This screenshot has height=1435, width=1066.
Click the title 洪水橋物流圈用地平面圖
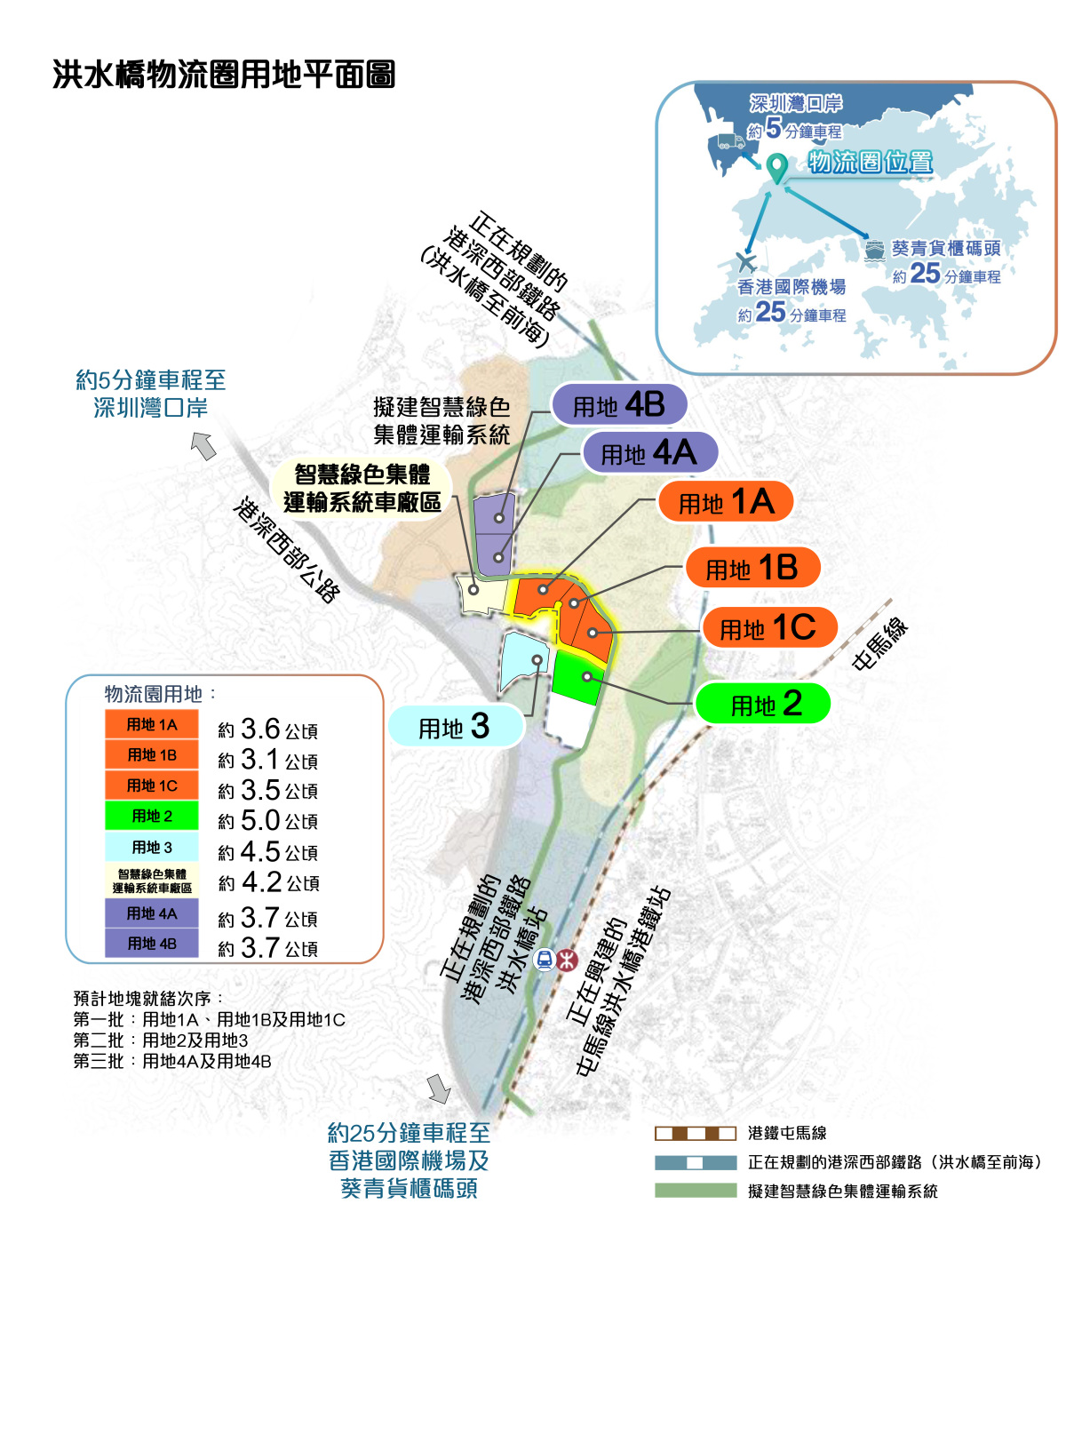[224, 75]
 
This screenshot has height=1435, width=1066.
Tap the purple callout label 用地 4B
[618, 404]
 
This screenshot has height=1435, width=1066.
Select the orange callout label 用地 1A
[725, 501]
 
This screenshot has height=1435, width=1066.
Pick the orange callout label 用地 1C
[770, 627]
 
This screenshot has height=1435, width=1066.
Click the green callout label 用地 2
[762, 703]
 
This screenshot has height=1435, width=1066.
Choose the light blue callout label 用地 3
[456, 726]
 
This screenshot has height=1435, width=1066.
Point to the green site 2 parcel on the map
[577, 678]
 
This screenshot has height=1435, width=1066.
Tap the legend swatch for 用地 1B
[151, 754]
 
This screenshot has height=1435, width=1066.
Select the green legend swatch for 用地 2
[151, 815]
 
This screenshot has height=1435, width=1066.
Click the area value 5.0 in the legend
[260, 820]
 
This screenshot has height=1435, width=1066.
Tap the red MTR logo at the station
[568, 960]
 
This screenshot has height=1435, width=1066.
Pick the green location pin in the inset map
[777, 168]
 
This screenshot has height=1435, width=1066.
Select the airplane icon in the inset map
[746, 262]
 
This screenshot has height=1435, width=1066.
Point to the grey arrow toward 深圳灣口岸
[203, 445]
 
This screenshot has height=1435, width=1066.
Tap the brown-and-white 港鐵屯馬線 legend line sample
[696, 1133]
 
